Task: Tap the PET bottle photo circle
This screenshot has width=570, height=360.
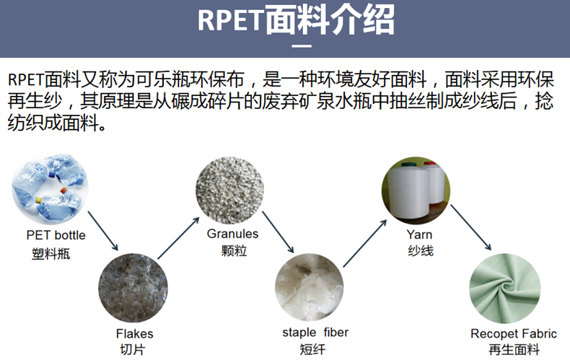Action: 51,188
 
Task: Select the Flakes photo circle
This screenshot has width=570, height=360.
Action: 133,289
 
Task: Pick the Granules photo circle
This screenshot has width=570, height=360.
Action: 229,190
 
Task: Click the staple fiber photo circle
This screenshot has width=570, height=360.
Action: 309,287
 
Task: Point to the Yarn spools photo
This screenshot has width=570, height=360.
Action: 416,190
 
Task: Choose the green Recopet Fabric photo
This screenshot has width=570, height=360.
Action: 504,289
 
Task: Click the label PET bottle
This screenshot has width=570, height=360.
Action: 56,235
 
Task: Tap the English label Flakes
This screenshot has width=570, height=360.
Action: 134,333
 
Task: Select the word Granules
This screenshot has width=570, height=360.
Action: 232,234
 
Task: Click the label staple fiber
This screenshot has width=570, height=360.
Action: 315,333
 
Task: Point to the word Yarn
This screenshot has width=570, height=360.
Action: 419,234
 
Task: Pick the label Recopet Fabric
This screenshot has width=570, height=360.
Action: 513,333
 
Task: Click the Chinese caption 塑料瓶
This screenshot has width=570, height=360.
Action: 51,254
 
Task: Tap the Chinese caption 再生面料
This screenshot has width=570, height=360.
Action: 514,350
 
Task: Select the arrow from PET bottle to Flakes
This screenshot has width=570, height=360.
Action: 103,231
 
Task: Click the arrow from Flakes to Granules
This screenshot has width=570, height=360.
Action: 178,238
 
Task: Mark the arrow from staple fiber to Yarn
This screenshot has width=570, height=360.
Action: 364,243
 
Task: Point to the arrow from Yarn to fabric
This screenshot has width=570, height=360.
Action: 471,227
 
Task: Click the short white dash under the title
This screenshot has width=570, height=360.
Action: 302,46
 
